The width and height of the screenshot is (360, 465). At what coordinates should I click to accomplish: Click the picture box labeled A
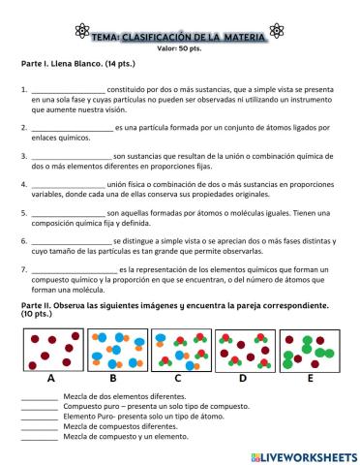[x=49, y=349]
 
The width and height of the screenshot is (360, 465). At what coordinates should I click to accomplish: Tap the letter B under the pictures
[x=113, y=379]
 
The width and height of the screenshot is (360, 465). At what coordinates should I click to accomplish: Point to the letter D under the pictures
[x=242, y=379]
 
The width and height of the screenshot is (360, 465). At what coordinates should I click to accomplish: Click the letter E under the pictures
[x=309, y=379]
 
